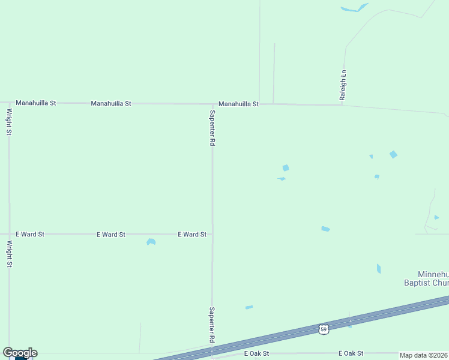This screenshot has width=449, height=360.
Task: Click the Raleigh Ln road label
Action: pyautogui.click(x=343, y=85)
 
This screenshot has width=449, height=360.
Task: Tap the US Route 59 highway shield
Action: pyautogui.click(x=324, y=329)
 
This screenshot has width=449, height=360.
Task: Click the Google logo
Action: pyautogui.click(x=20, y=353)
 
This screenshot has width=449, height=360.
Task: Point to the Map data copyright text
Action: pyautogui.click(x=424, y=355)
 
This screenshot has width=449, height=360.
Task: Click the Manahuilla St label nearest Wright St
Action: pyautogui.click(x=36, y=103)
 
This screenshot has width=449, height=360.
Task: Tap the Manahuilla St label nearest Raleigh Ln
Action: pyautogui.click(x=238, y=104)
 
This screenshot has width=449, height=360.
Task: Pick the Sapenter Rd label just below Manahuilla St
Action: pyautogui.click(x=212, y=128)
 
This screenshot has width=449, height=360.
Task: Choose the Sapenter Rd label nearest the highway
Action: pyautogui.click(x=212, y=325)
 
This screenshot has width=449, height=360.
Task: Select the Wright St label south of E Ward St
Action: pyautogui.click(x=10, y=254)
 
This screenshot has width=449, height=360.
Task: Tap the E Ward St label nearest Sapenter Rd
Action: pyautogui.click(x=192, y=235)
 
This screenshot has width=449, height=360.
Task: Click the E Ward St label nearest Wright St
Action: pyautogui.click(x=30, y=234)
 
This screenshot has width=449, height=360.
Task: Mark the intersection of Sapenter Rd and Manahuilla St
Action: pyautogui.click(x=212, y=104)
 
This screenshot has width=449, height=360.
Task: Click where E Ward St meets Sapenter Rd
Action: pyautogui.click(x=212, y=234)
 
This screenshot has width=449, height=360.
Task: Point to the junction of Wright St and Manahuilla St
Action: pyautogui.click(x=9, y=103)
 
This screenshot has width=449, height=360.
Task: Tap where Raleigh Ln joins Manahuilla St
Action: pyautogui.click(x=342, y=106)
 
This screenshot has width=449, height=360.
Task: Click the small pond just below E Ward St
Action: pyautogui.click(x=151, y=242)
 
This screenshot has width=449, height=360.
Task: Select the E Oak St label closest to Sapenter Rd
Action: pyautogui.click(x=257, y=354)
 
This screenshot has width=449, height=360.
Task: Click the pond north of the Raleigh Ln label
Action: pyautogui.click(x=355, y=8)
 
